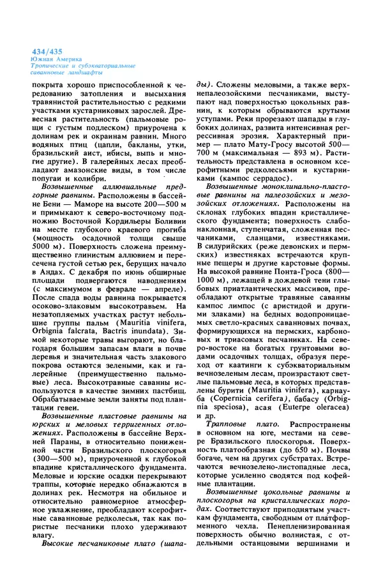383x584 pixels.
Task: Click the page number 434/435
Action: pyautogui.click(x=48, y=50)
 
